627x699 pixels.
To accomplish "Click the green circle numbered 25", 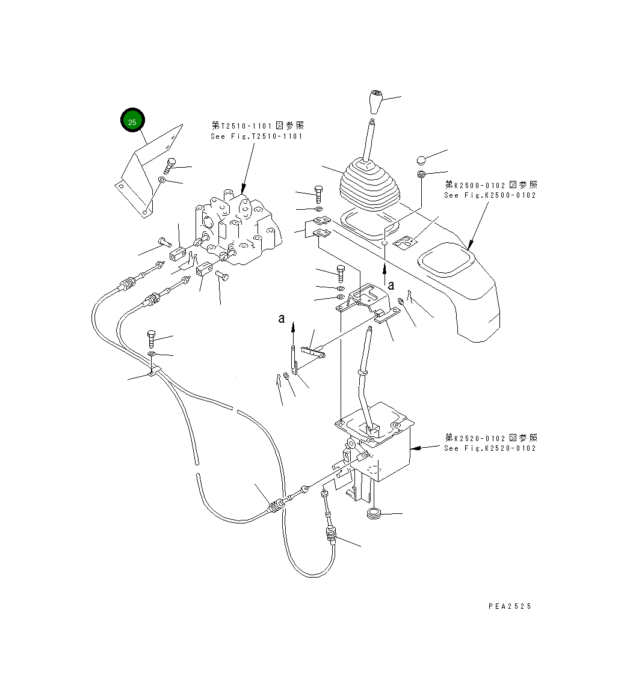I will tap(132, 121).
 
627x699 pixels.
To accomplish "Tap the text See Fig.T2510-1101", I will tap(257, 136).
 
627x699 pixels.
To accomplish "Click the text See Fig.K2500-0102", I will tap(490, 195).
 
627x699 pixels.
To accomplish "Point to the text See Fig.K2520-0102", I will tap(490, 448).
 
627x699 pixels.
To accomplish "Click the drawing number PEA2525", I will tap(510, 606).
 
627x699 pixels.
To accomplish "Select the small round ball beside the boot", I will tap(421, 160).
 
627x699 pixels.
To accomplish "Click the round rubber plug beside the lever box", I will tap(374, 514).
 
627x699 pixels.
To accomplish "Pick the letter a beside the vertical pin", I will tap(281, 319).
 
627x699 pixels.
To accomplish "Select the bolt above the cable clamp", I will tap(151, 339).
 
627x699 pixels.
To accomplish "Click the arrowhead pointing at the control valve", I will tap(244, 188).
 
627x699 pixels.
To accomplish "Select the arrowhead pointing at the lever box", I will tap(415, 448).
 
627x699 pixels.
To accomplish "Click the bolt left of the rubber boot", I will tap(318, 194).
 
